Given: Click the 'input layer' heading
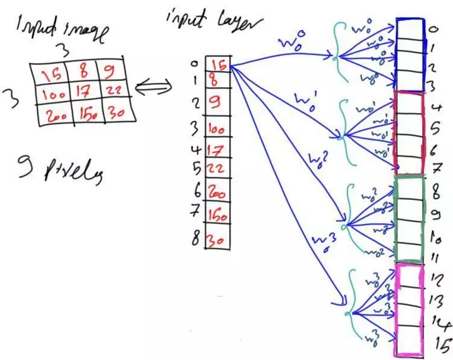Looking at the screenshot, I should (x=213, y=23).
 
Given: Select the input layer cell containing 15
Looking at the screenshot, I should (x=217, y=63).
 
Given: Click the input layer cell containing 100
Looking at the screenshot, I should (x=217, y=128).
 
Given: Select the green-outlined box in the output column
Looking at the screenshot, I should (x=410, y=217).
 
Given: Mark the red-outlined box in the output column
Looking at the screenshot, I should (x=410, y=133).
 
